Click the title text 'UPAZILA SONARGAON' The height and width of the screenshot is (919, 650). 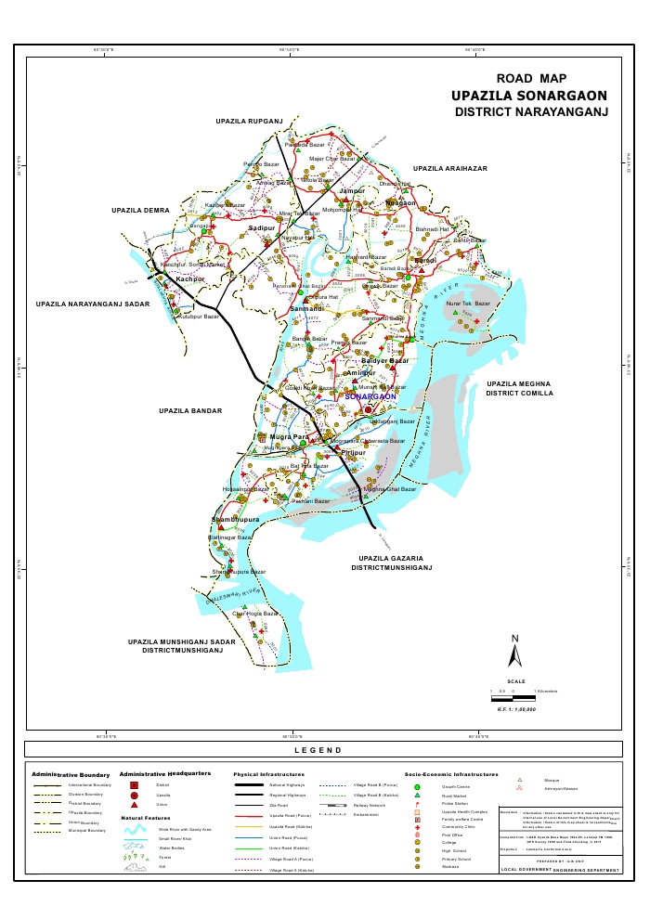coord(529,96)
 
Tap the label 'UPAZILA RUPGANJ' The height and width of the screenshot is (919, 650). coord(248,122)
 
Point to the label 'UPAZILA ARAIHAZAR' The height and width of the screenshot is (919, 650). coord(450,168)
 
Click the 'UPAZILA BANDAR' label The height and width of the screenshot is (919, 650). coord(188,409)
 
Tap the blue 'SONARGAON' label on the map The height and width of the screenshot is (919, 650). coord(370,396)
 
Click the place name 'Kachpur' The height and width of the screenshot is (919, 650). coord(189,278)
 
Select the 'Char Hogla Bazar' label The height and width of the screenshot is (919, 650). coord(255,614)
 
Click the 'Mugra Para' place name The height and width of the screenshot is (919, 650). coord(289,435)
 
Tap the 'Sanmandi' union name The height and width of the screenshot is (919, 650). coord(306,308)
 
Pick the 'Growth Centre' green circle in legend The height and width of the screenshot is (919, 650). coord(417,786)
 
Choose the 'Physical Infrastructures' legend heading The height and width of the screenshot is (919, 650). coord(270,773)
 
